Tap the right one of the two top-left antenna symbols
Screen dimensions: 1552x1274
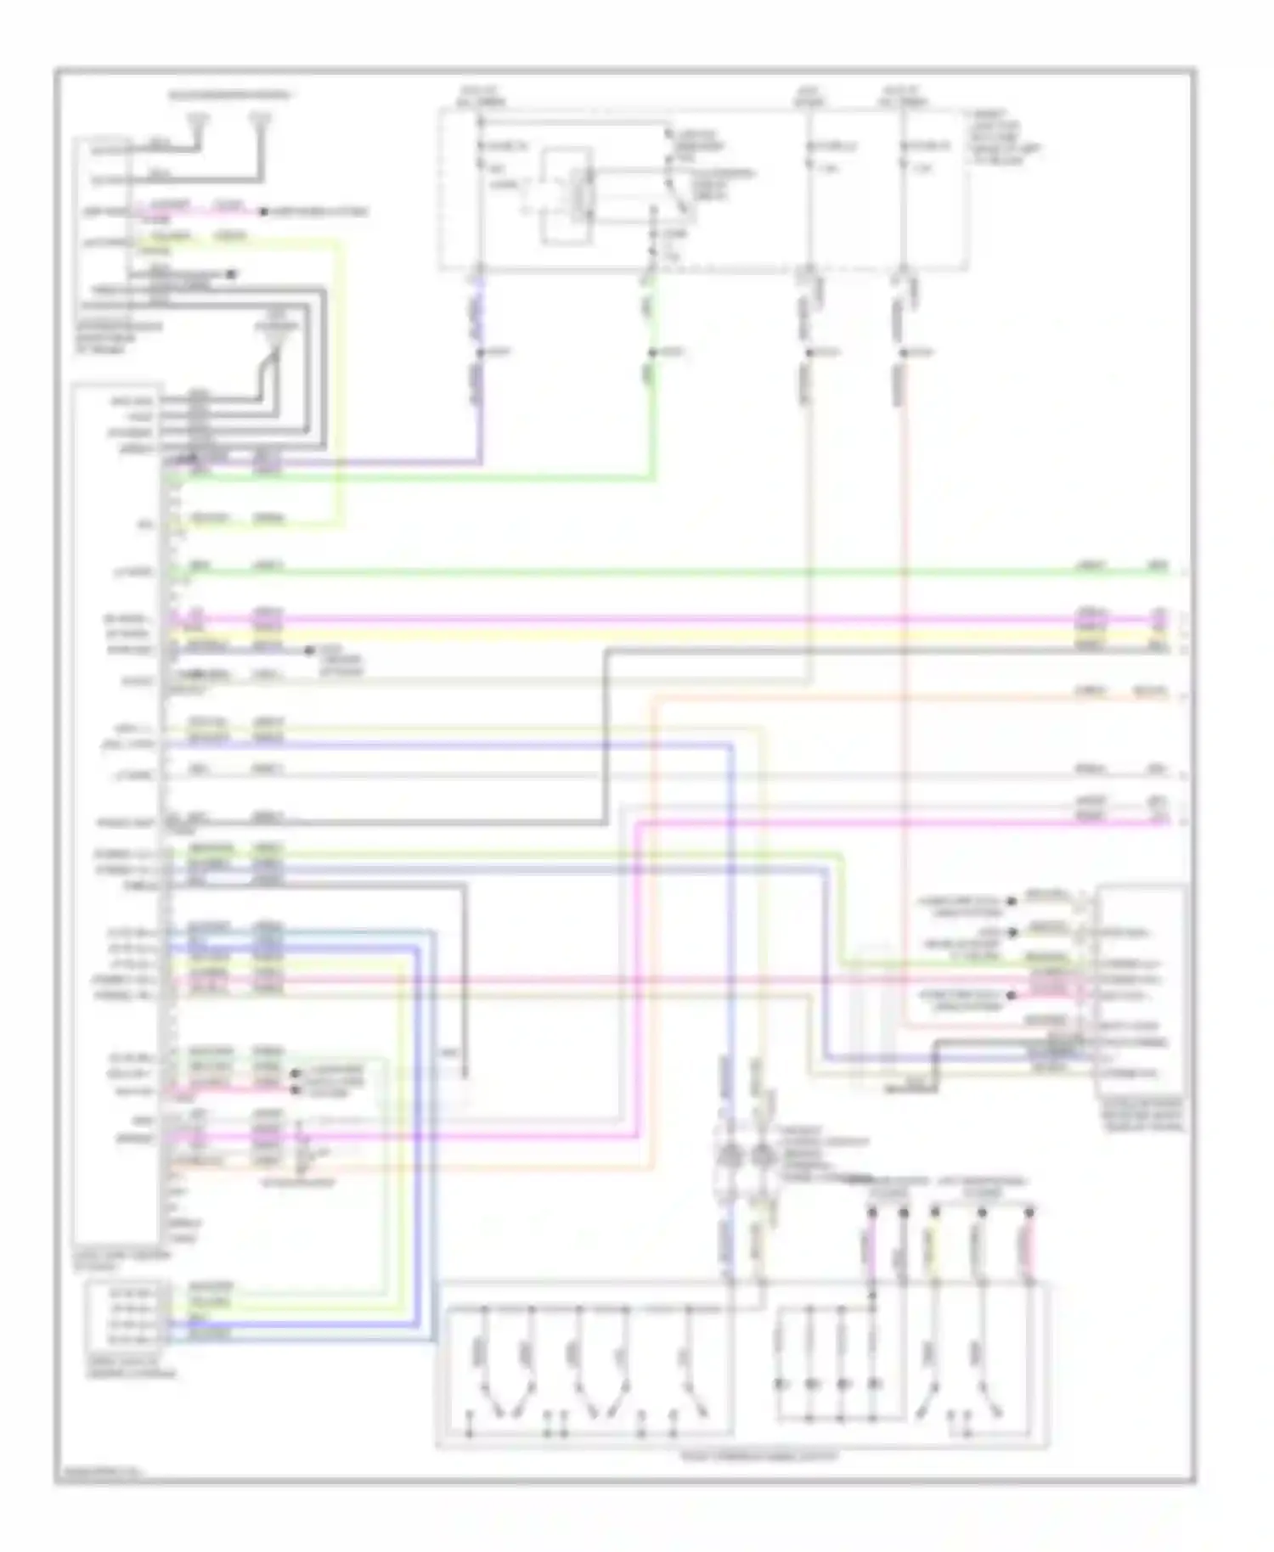click(262, 123)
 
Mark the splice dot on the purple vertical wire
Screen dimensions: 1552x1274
click(481, 351)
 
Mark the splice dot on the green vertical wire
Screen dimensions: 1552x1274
click(652, 351)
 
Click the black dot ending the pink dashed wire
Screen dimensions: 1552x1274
click(265, 211)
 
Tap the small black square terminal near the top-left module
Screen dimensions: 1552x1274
click(231, 274)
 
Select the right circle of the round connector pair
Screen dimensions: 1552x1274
click(762, 1156)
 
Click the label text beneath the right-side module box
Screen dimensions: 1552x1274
click(1142, 1114)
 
